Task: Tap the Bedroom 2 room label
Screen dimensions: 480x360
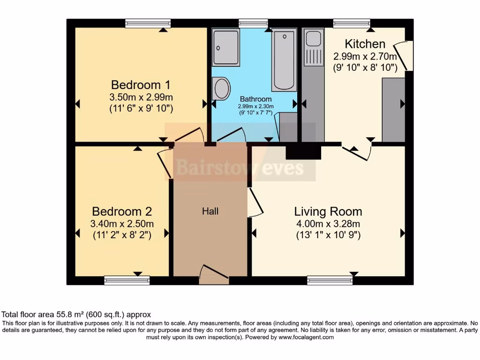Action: (x=122, y=211)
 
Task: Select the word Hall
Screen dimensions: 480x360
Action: (x=210, y=211)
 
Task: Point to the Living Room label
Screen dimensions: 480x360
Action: (x=328, y=211)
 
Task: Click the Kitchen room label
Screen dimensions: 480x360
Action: (x=365, y=44)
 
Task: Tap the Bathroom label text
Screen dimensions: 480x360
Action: (x=255, y=99)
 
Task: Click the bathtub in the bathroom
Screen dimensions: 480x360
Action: (x=284, y=60)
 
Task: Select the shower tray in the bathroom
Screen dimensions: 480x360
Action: (x=226, y=47)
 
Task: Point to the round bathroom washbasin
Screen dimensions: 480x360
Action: (x=221, y=89)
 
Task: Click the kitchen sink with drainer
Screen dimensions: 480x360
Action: (x=314, y=47)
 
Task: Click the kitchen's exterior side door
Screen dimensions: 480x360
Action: (x=403, y=56)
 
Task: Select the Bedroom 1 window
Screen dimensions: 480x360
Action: (x=148, y=23)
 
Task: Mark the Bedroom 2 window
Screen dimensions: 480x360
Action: (x=127, y=280)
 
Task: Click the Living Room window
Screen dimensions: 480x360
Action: (x=330, y=280)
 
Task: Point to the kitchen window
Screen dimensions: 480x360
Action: (x=352, y=23)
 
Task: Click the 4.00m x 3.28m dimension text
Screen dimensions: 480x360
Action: (x=328, y=224)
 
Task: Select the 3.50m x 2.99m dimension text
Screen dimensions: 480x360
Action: (x=141, y=97)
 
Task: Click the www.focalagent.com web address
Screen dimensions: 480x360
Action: (x=306, y=337)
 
